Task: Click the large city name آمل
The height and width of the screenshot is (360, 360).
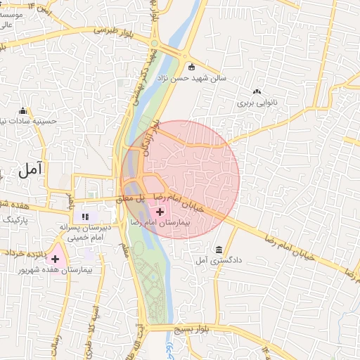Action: tap(31, 168)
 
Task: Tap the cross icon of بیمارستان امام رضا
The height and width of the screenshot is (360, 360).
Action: tap(160, 212)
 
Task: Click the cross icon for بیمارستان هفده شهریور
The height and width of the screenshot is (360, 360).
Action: tap(55, 259)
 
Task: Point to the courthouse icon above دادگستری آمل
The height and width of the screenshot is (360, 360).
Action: tap(219, 250)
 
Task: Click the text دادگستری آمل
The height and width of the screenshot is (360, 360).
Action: tap(219, 260)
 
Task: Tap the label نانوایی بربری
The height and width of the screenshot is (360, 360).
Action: tap(258, 102)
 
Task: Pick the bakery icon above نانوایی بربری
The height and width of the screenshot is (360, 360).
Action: tap(257, 91)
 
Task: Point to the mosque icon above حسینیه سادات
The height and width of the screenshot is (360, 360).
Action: tap(23, 111)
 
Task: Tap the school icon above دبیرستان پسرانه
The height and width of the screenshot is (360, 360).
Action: tap(85, 217)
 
